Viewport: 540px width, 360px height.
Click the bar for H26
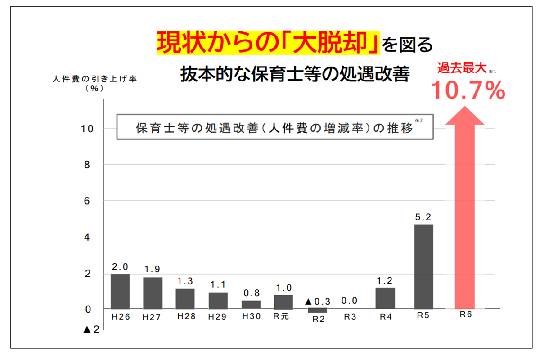120,291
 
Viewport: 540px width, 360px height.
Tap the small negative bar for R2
317,310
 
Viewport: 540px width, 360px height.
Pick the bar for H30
251,304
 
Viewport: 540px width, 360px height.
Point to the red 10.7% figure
468,90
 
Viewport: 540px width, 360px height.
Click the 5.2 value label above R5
423,217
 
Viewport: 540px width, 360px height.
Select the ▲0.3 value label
318,301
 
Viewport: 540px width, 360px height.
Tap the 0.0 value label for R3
350,301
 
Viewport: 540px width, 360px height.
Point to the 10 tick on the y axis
87,129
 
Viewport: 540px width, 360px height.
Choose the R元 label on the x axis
283,316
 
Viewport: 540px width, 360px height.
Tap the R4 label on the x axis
385,317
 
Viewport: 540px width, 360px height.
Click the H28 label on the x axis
186,316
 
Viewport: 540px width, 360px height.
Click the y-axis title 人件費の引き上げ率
94,78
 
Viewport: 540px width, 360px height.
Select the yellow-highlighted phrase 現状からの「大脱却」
269,43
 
